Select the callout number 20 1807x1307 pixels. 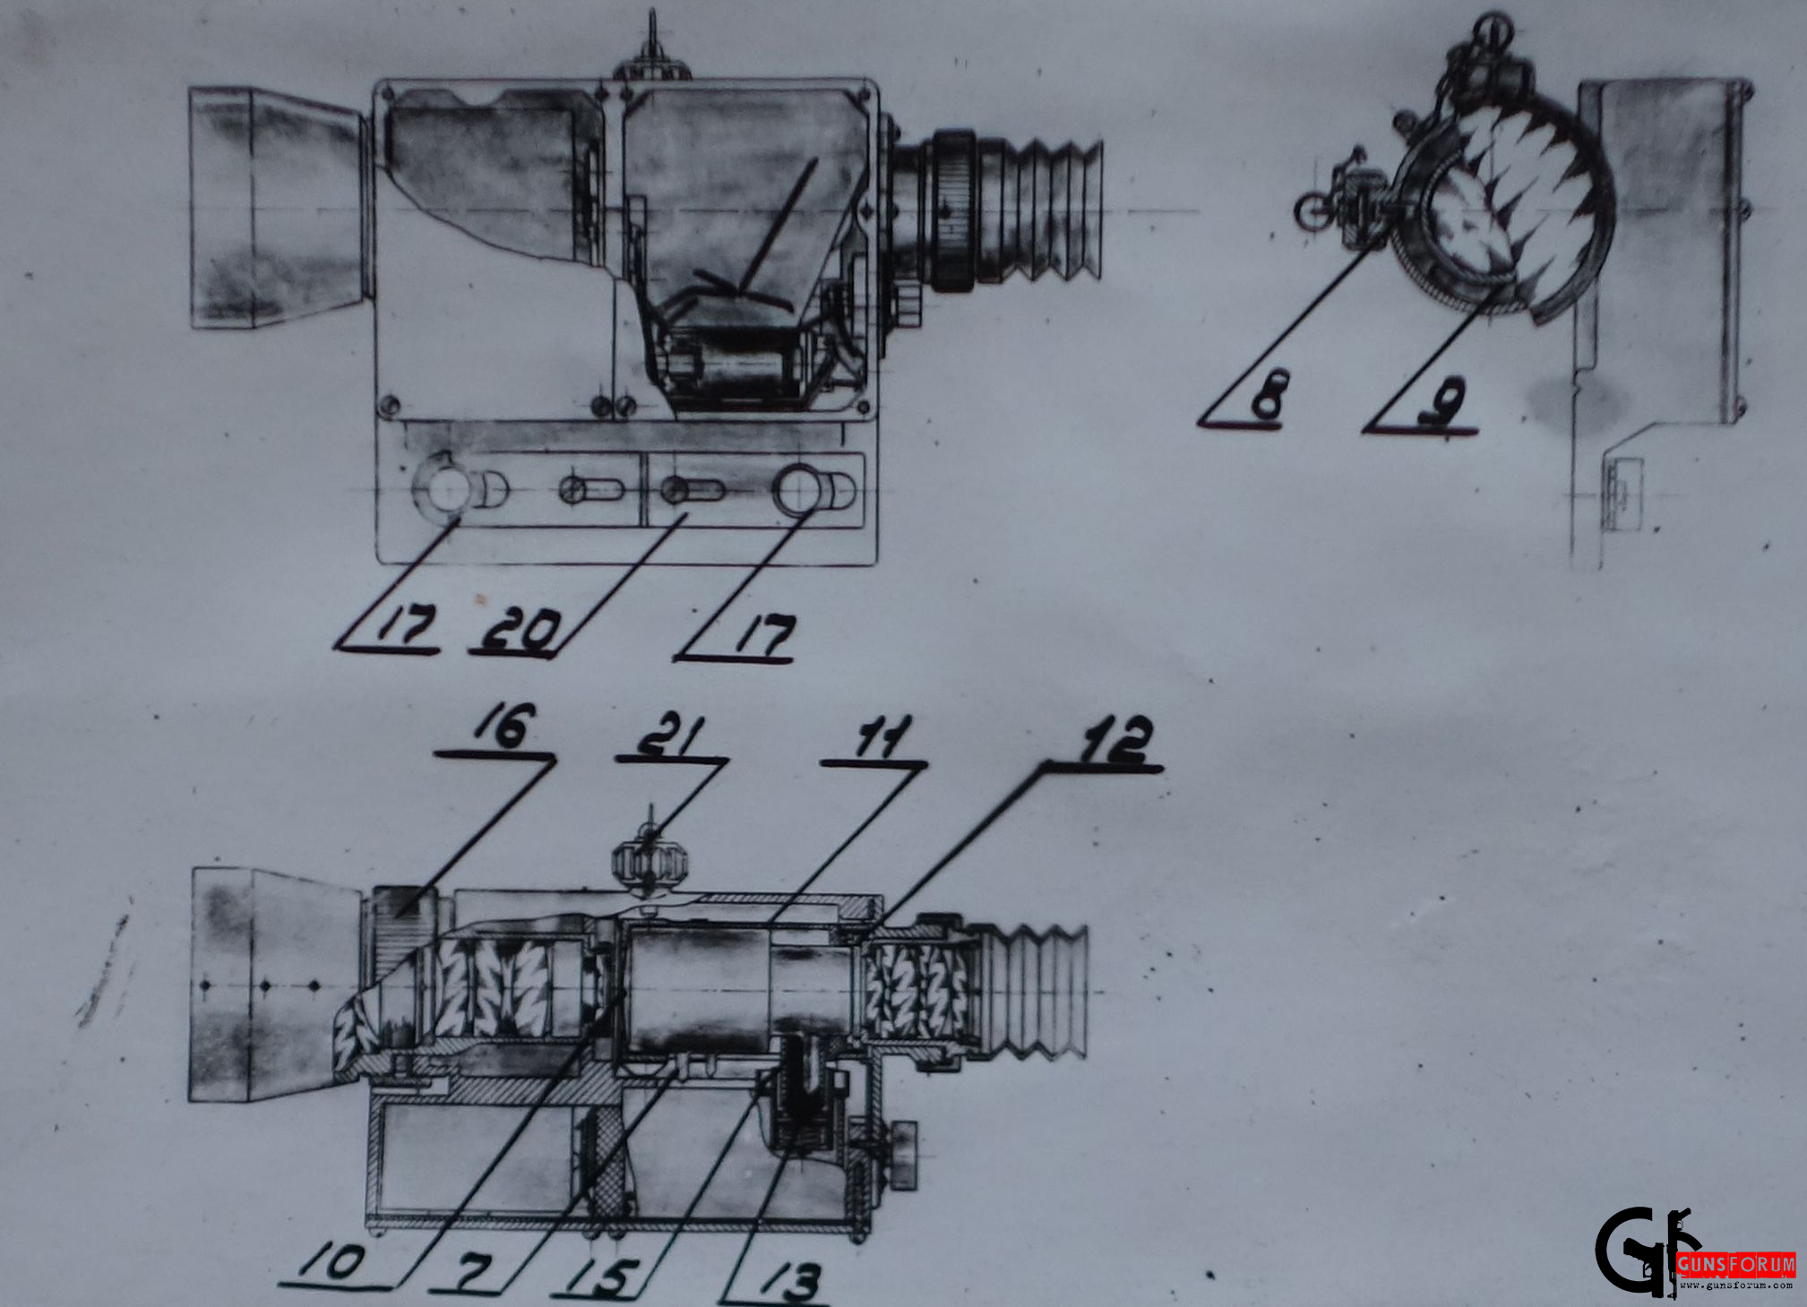pyautogui.click(x=521, y=631)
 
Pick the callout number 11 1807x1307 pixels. pyautogui.click(x=882, y=737)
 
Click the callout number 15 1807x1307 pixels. pyautogui.click(x=605, y=1276)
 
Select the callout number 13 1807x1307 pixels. pyautogui.click(x=790, y=1281)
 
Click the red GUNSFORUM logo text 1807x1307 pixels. pyautogui.click(x=1736, y=1264)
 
